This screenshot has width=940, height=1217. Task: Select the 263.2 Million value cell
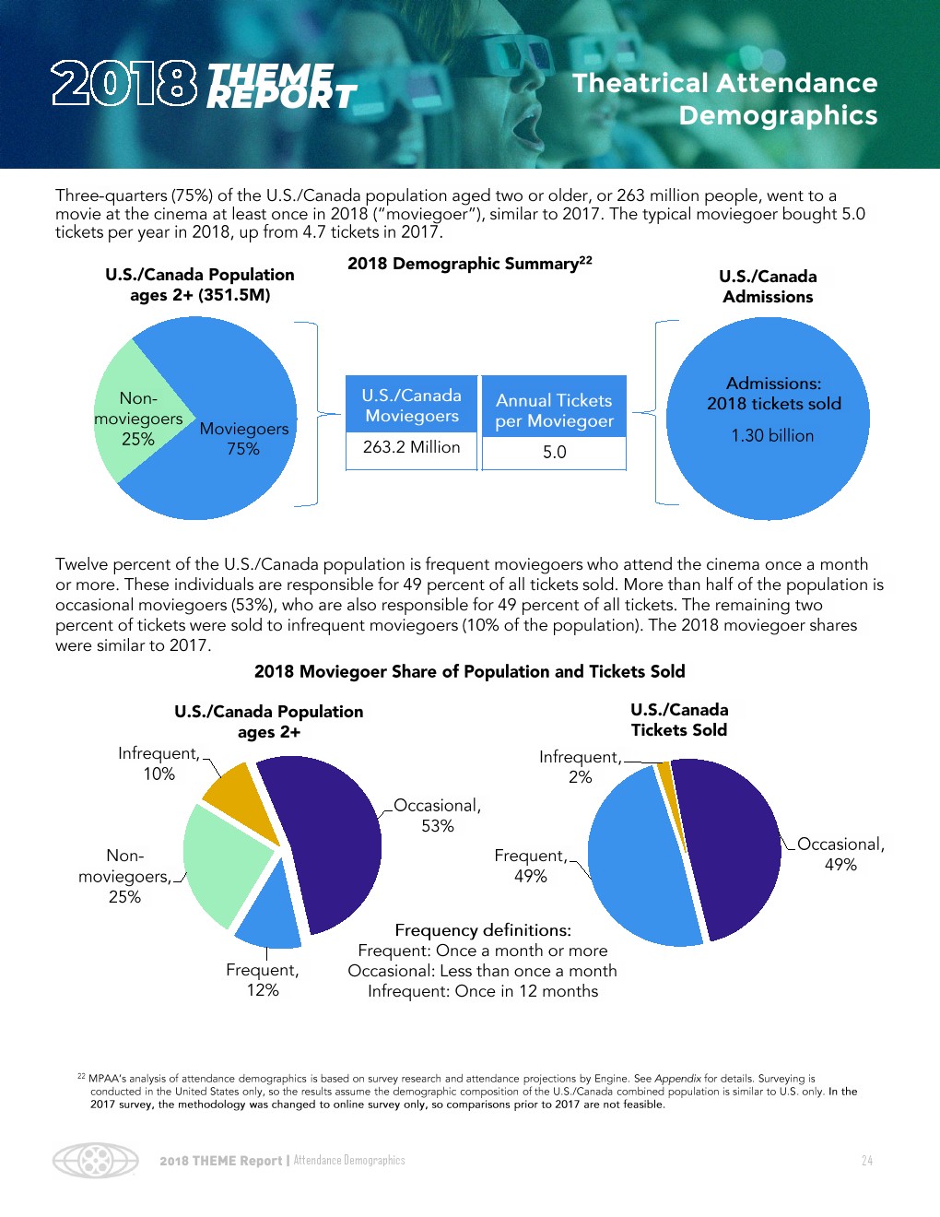pyautogui.click(x=411, y=447)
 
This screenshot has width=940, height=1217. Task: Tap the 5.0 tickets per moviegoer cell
pyautogui.click(x=554, y=452)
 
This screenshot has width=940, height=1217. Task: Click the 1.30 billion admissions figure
pyautogui.click(x=772, y=435)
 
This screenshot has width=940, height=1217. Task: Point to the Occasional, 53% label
pyautogui.click(x=437, y=815)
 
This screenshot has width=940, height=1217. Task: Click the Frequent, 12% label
pyautogui.click(x=263, y=979)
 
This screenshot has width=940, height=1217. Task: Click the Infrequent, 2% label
pyautogui.click(x=581, y=767)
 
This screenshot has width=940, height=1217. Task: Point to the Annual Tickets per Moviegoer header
pyautogui.click(x=554, y=410)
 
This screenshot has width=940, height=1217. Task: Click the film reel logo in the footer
pyautogui.click(x=95, y=1160)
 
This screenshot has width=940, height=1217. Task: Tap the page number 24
pyautogui.click(x=866, y=1160)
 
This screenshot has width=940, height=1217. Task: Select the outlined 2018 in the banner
pyautogui.click(x=124, y=84)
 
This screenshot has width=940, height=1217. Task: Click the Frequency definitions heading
pyautogui.click(x=483, y=929)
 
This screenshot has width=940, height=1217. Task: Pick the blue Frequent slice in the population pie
pyautogui.click(x=270, y=913)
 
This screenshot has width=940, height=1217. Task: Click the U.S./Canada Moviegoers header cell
pyautogui.click(x=411, y=405)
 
